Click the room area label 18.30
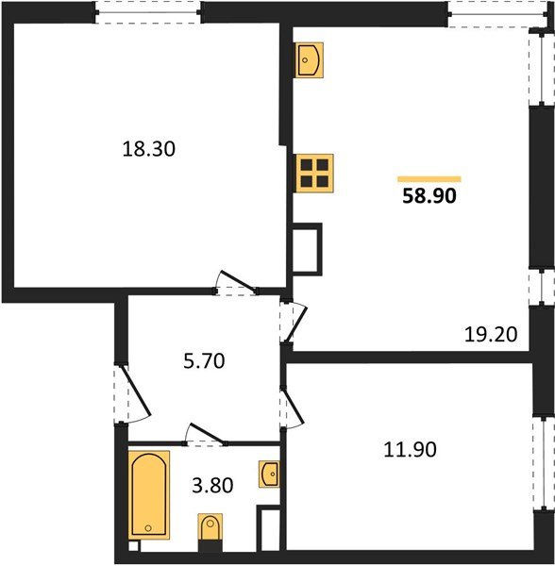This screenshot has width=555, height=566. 150,148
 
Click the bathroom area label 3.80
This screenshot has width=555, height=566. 211,487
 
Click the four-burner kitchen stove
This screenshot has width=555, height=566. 312,173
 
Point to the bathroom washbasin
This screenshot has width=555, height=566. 268,472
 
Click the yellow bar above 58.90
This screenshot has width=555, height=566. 429,177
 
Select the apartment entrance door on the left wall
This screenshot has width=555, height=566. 130,393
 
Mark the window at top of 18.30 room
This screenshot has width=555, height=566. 148,11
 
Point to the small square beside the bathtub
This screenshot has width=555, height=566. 135,545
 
